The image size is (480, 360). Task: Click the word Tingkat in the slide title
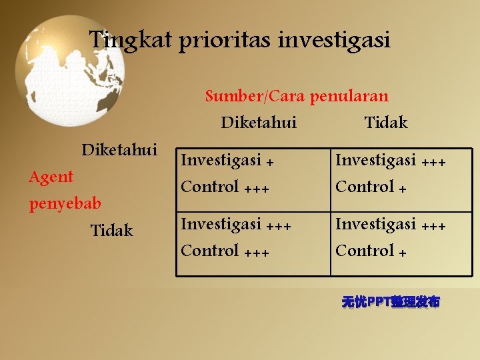point(131,40)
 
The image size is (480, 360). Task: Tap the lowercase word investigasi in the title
point(334,41)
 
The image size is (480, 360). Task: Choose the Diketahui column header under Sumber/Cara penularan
point(259,123)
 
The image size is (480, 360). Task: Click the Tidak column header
point(386,123)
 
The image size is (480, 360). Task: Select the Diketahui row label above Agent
point(119,149)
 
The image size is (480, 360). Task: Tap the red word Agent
point(51,177)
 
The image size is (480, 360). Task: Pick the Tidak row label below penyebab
point(111,231)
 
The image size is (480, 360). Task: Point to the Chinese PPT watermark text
point(391,302)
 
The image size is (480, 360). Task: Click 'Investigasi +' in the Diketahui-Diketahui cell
point(227,161)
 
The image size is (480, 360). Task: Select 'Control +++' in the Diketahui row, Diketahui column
point(225,187)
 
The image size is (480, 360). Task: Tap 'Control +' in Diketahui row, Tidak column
point(371,187)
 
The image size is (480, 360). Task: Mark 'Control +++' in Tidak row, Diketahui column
point(225,251)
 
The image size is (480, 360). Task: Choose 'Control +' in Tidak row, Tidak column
point(371,251)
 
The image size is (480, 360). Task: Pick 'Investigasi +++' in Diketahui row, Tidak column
point(390,161)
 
